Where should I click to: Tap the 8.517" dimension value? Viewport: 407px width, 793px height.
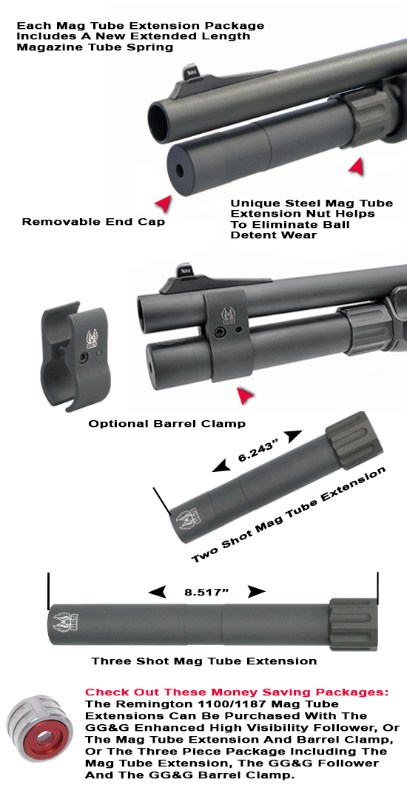coord(206,592)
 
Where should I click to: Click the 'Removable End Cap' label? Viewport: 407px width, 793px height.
coord(93,221)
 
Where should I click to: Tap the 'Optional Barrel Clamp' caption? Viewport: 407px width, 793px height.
coord(166,423)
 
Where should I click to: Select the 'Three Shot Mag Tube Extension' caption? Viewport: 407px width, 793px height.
coord(204,661)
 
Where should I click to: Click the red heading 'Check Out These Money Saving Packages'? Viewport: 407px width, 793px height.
coord(236,692)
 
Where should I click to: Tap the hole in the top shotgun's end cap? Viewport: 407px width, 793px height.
coord(181,170)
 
